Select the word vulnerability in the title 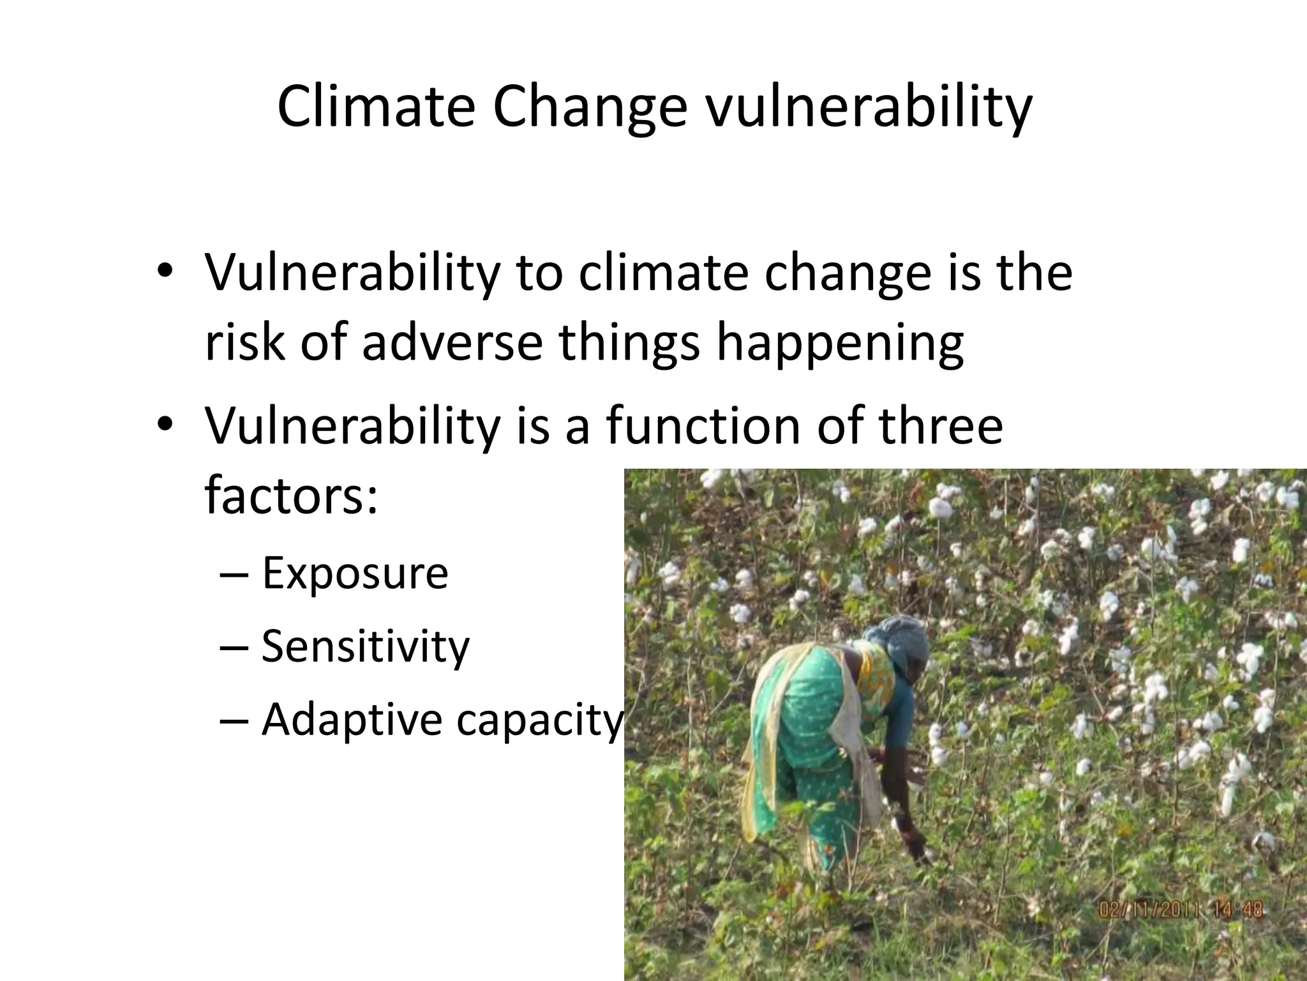(868, 107)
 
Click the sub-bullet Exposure (355, 573)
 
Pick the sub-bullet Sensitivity (365, 646)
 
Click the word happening (839, 343)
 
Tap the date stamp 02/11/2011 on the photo (1149, 909)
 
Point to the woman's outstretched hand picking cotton (919, 849)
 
